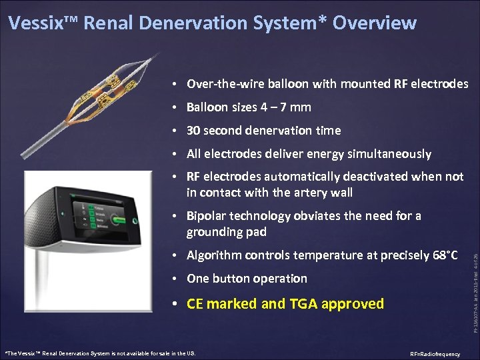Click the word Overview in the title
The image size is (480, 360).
coord(374,23)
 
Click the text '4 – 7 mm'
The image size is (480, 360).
coord(286,107)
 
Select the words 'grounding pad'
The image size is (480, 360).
coord(227,232)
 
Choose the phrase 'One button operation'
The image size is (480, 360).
coord(247,279)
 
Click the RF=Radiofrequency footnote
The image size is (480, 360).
coord(435,354)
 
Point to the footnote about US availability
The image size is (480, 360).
coord(100,353)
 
